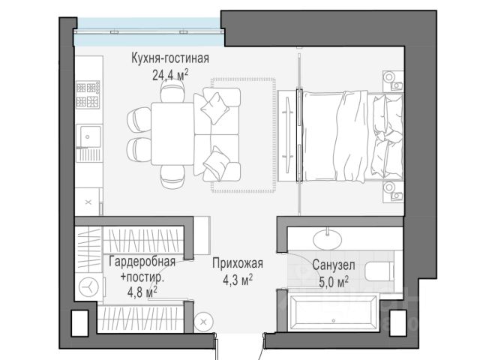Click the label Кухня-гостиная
pos(170,58)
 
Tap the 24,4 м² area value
pos(170,74)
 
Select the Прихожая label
pos(238,263)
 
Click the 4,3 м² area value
pos(238,280)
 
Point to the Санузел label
pos(334,265)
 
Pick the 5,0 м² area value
pos(334,282)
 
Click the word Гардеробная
pos(142,262)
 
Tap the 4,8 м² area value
pos(142,292)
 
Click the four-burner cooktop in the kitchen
pos(88,94)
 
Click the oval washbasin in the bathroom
pos(328,238)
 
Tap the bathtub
pos(333,312)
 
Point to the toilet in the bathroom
pos(379,271)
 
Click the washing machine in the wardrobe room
pos(89,287)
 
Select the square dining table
pos(172,133)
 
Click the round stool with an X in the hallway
pos(204,322)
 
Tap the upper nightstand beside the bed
pos(393,81)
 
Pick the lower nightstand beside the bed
pos(393,191)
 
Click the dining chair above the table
pos(172,92)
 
